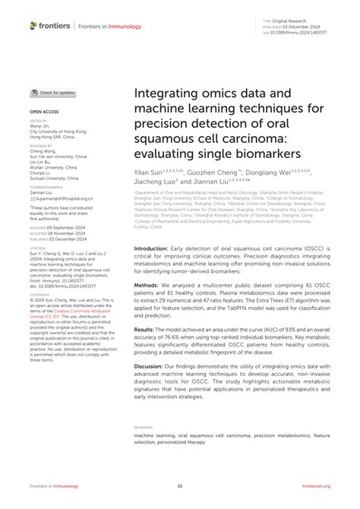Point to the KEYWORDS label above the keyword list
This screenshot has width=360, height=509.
tap(144, 428)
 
